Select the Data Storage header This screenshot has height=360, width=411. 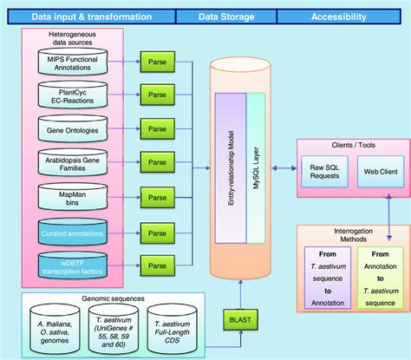[225, 16]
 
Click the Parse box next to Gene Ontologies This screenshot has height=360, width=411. [157, 129]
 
